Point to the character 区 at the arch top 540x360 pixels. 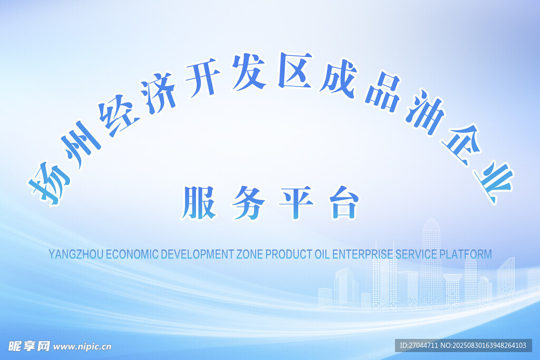coord(294,70)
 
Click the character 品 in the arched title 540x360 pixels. coord(383,91)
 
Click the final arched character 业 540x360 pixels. coord(493,182)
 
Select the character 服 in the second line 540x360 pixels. coord(199,203)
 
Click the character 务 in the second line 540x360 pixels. coord(248,203)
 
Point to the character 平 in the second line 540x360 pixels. coord(296,203)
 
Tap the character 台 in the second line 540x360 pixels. coord(344,203)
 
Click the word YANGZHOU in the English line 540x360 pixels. coord(76,255)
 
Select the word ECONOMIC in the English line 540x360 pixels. coord(132,255)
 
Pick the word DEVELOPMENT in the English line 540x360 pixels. coord(198,255)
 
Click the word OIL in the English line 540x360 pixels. coord(322,255)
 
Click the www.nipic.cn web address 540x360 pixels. coord(82,347)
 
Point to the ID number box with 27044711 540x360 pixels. coord(463,345)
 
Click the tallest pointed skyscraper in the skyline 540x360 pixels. coord(431,261)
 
